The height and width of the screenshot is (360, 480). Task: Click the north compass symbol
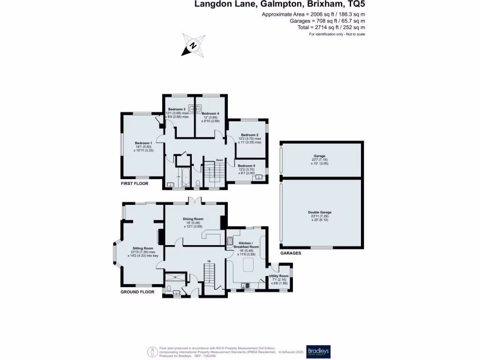(192, 45)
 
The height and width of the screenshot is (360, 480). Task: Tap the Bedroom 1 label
(143, 143)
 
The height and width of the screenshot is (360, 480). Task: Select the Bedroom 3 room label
(177, 109)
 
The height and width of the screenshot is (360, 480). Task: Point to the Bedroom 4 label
(210, 113)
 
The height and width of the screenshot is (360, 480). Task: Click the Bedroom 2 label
(250, 135)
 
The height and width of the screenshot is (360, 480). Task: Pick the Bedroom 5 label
(247, 165)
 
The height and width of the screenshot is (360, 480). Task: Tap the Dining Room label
(193, 219)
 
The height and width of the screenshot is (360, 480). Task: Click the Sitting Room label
(143, 248)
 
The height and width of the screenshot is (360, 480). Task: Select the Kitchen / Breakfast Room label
(249, 245)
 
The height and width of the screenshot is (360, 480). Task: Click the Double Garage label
(320, 212)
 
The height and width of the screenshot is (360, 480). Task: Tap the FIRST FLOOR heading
(134, 184)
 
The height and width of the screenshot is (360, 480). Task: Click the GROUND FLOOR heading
(137, 292)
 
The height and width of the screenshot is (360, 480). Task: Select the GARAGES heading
(291, 253)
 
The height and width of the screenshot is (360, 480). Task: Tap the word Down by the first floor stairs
(219, 160)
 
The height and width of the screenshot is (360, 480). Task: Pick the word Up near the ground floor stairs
(209, 261)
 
